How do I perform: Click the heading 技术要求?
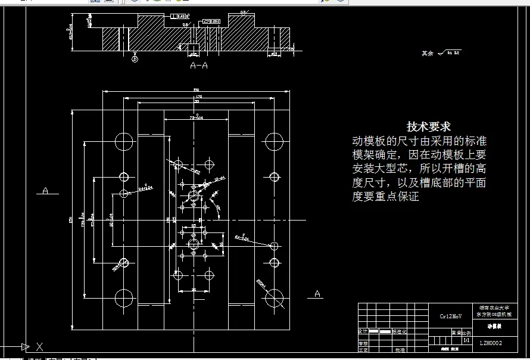[428, 126]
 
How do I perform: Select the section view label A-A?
[198, 66]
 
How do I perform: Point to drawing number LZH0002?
[491, 343]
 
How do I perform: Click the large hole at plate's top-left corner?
[124, 141]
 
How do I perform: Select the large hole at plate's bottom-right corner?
[275, 296]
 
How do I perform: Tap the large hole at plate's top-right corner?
[275, 141]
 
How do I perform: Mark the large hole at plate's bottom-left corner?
[124, 296]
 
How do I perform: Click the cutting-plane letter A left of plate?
[45, 191]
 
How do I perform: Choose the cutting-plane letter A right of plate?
[317, 294]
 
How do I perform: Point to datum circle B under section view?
[135, 59]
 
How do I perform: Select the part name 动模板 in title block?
[494, 326]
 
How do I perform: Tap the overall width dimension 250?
[196, 91]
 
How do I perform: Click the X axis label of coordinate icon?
[39, 346]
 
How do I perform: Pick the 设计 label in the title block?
[363, 331]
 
